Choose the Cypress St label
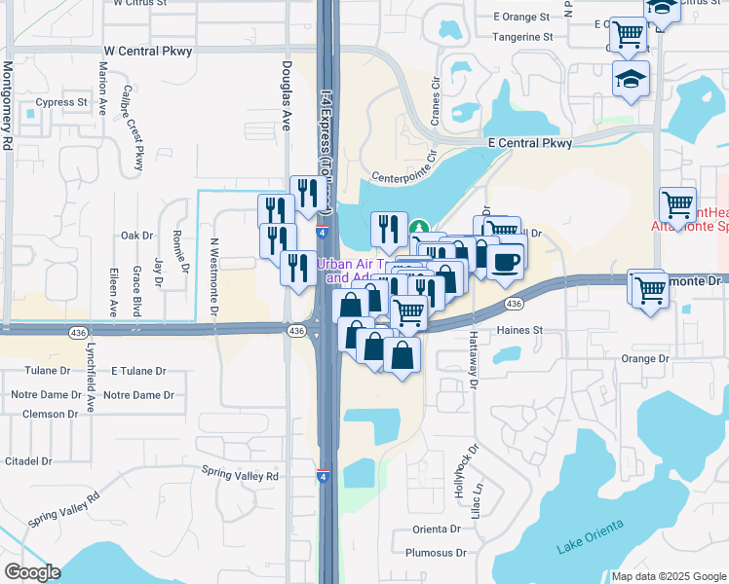pos(61,101)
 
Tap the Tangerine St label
pos(524,37)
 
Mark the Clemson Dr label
pos(43,414)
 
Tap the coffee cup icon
pos(506,261)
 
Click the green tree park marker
pos(420,228)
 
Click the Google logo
pos(32,572)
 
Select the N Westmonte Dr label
pos(213,278)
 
